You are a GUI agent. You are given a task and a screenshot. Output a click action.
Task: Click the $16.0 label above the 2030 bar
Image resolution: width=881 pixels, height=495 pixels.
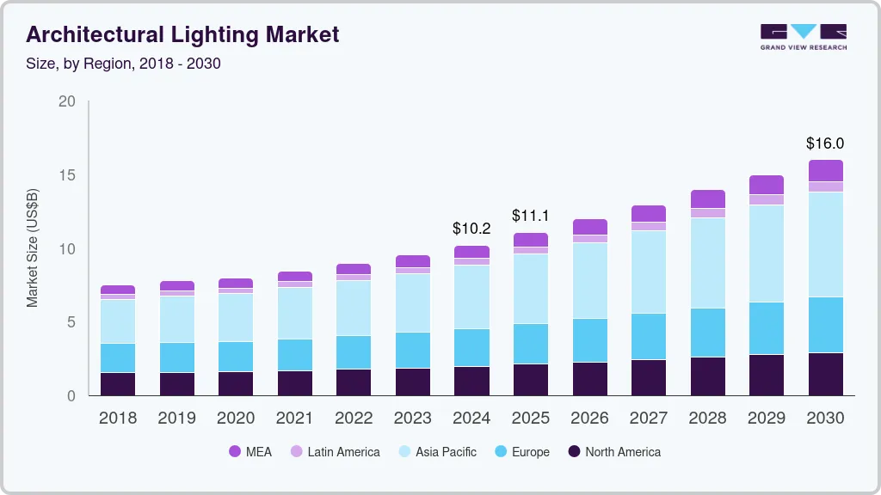click(825, 144)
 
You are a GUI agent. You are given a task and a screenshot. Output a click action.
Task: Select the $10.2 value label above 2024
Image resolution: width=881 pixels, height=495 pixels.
click(471, 229)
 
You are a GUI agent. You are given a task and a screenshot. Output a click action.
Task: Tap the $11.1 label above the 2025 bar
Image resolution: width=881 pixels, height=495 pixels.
click(530, 216)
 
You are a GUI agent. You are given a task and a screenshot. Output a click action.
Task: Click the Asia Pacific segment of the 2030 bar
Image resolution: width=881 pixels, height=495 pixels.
click(825, 244)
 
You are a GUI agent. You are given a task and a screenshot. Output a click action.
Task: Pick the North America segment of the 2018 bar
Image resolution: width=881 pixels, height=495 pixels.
click(118, 383)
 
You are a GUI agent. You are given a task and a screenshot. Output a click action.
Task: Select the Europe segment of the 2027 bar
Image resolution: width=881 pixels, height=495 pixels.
click(649, 336)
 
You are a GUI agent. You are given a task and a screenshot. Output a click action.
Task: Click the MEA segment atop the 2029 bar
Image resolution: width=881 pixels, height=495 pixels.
click(767, 184)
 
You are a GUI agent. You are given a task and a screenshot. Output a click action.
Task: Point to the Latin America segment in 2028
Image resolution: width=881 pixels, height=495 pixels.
click(708, 213)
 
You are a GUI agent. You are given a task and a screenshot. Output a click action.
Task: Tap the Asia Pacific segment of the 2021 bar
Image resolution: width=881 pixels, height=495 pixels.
click(295, 313)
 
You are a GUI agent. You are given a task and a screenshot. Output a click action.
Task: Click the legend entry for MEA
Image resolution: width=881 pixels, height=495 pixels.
click(250, 451)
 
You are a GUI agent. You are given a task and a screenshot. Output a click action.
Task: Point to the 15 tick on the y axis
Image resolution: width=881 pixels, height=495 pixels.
click(66, 175)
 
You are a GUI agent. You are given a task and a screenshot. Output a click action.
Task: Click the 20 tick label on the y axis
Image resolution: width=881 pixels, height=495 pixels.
click(66, 101)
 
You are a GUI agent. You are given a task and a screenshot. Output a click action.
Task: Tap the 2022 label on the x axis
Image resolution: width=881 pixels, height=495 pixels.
click(354, 419)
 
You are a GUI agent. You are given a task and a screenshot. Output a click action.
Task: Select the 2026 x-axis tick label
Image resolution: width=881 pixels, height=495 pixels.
click(589, 419)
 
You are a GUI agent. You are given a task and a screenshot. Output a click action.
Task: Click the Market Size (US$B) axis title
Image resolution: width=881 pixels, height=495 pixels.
click(33, 249)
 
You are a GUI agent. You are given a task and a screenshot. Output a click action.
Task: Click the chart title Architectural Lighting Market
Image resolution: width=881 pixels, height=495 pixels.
click(182, 34)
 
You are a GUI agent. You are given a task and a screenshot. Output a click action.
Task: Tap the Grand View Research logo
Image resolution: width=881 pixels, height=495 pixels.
click(803, 37)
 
